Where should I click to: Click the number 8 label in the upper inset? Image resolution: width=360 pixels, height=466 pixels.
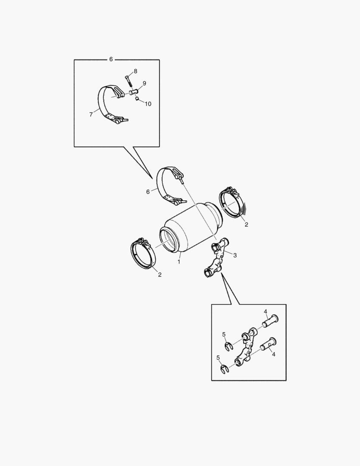click(x=135, y=71)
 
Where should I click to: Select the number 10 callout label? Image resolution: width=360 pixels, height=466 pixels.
click(x=147, y=104)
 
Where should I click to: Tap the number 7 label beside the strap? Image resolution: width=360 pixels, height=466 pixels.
click(x=91, y=114)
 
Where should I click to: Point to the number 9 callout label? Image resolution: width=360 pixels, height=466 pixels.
click(x=144, y=83)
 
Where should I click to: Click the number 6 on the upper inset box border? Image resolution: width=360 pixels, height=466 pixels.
click(x=111, y=59)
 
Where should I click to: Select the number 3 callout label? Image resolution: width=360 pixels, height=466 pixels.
click(x=235, y=255)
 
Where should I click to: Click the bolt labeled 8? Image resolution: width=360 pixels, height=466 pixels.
click(x=128, y=81)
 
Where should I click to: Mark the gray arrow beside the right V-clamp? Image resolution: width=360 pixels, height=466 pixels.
click(x=243, y=209)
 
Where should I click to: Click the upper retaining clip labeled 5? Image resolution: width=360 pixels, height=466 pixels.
click(x=229, y=346)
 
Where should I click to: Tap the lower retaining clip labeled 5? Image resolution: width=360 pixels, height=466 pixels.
click(x=224, y=370)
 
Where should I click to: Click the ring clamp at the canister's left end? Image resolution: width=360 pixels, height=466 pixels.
click(x=143, y=254)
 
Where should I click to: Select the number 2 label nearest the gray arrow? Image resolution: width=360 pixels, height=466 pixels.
click(x=246, y=224)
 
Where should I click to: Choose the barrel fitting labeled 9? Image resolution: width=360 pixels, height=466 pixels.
click(x=134, y=92)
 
